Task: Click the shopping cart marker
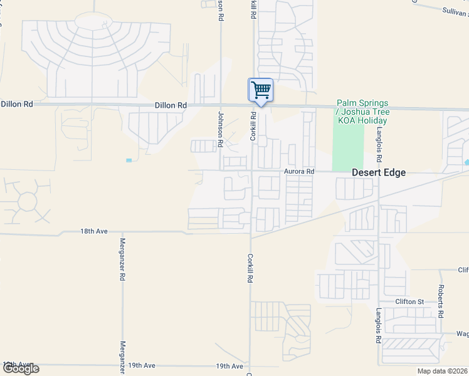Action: coord(260,90)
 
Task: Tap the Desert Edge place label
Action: coord(379,172)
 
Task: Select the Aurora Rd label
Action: coord(298,171)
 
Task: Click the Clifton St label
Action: coord(410,301)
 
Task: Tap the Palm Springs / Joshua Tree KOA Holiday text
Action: coord(362,112)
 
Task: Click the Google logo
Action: coord(21,368)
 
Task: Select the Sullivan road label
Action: coord(455,11)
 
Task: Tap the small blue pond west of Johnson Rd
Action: coord(129,160)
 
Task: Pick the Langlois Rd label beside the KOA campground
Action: coord(379,144)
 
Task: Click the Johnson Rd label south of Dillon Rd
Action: coord(221,128)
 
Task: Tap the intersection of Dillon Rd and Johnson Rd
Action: coord(221,105)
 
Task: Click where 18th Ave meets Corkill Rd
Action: coord(251,234)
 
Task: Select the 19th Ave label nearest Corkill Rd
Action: coord(229,366)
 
